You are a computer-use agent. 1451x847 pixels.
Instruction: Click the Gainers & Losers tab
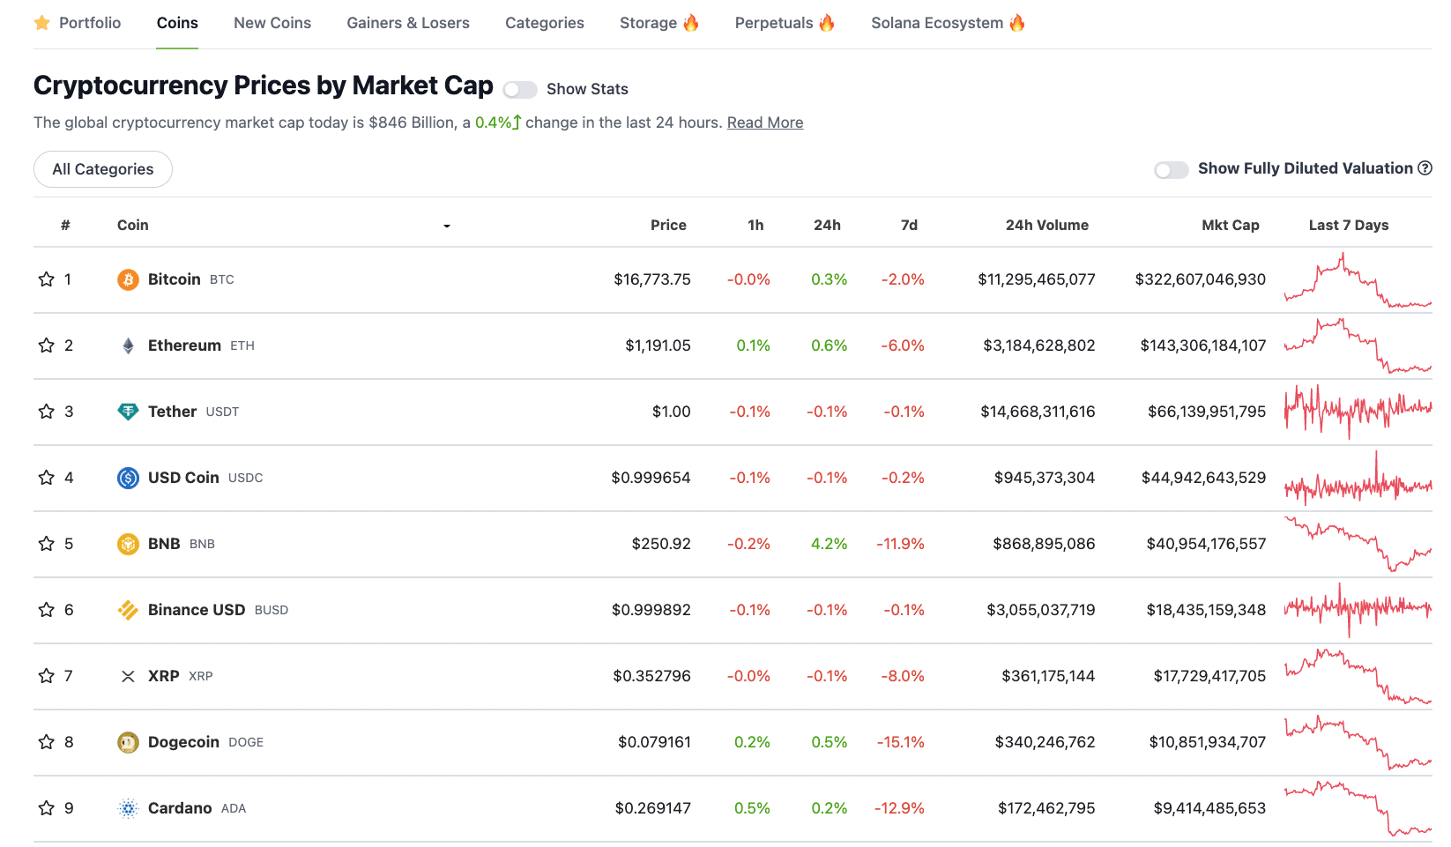407,23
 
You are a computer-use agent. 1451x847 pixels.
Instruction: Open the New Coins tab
272,23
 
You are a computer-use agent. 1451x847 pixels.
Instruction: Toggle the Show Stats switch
519,90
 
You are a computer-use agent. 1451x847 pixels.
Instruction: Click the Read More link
764,123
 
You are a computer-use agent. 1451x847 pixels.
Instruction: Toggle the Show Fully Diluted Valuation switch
1171,170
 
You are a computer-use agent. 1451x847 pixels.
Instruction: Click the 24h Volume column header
1046,225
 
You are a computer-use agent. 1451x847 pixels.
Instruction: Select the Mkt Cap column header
1230,225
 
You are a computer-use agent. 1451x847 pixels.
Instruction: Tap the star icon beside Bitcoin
47,279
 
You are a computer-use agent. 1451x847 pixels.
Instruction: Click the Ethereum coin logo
128,345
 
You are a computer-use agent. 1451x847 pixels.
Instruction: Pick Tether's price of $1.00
671,412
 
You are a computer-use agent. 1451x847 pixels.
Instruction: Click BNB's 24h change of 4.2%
829,544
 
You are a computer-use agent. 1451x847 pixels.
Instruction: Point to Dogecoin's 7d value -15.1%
900,742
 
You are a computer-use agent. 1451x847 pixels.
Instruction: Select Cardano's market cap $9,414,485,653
1209,808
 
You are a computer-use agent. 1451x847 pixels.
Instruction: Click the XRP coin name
163,676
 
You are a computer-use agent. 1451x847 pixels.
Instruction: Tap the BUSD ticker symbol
271,610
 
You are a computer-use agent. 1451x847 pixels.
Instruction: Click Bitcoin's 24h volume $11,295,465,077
1036,279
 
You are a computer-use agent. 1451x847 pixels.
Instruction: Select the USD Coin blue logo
128,478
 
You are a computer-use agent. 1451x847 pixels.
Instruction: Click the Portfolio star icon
41,23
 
